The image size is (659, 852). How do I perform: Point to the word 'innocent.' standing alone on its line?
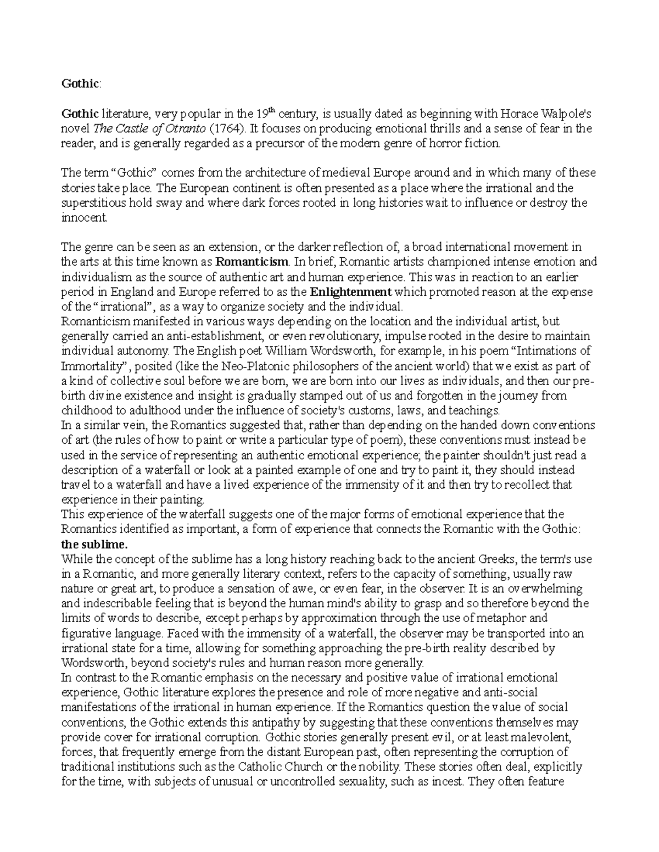85,218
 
